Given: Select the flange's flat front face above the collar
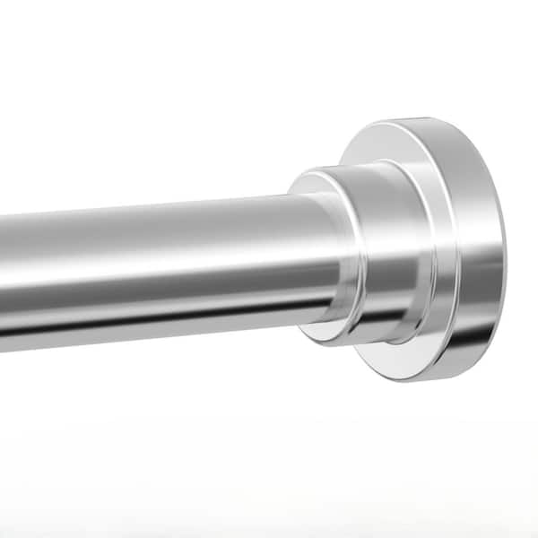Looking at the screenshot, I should point(395,143).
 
